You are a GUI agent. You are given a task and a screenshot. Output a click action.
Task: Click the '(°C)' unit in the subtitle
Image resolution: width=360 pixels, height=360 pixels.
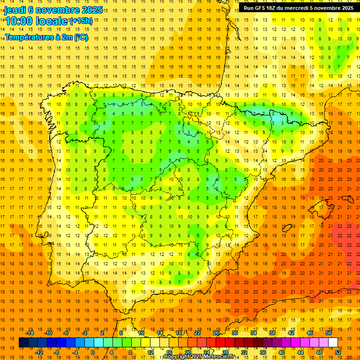coord(81,37)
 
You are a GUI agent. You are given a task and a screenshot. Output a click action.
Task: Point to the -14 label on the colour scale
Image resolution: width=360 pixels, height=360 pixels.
coord(30,333)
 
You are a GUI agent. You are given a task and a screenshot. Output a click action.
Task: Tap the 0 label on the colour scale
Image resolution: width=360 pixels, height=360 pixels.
coord(93,352)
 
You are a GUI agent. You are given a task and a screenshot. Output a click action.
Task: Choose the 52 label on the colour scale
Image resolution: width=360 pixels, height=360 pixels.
coord(337,352)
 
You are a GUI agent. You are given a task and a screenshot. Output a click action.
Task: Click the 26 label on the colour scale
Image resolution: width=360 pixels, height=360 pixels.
coord(216,333)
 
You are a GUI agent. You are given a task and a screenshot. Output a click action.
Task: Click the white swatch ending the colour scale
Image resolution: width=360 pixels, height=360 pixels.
coord(333,342)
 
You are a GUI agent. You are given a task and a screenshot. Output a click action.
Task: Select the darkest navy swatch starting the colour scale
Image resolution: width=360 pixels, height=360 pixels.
coord(23,342)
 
